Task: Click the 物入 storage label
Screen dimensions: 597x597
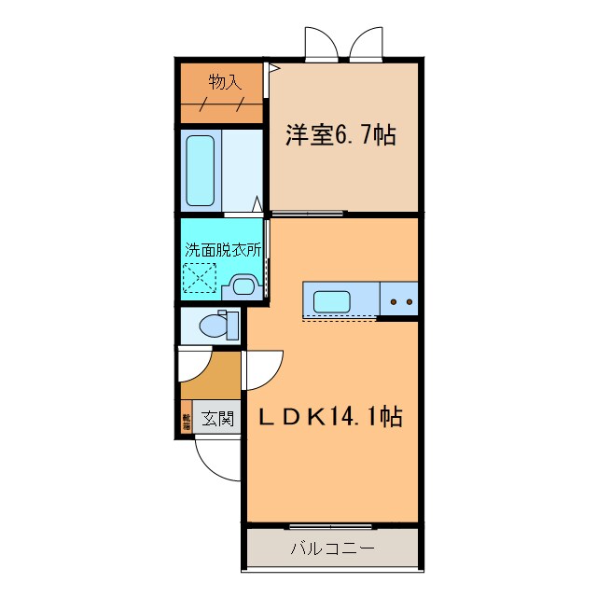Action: (224, 82)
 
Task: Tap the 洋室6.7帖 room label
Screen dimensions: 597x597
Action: (340, 136)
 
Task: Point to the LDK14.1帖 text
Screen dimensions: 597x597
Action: (330, 416)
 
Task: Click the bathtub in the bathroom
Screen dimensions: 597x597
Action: (201, 171)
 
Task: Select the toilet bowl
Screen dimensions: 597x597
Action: (214, 326)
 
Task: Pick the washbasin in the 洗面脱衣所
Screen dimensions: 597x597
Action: (244, 286)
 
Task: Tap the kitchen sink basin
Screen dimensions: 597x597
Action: (332, 301)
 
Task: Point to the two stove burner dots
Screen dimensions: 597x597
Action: (400, 301)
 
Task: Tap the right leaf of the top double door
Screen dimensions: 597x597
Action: (368, 43)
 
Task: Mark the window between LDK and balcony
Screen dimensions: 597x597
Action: (331, 527)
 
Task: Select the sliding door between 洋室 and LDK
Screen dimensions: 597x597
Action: (309, 214)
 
